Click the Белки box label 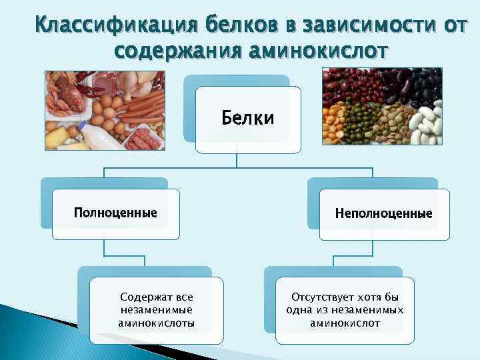pos(247,119)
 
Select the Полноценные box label pos(116,213)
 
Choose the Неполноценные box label pos(384,214)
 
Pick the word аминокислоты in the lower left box pos(157,323)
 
